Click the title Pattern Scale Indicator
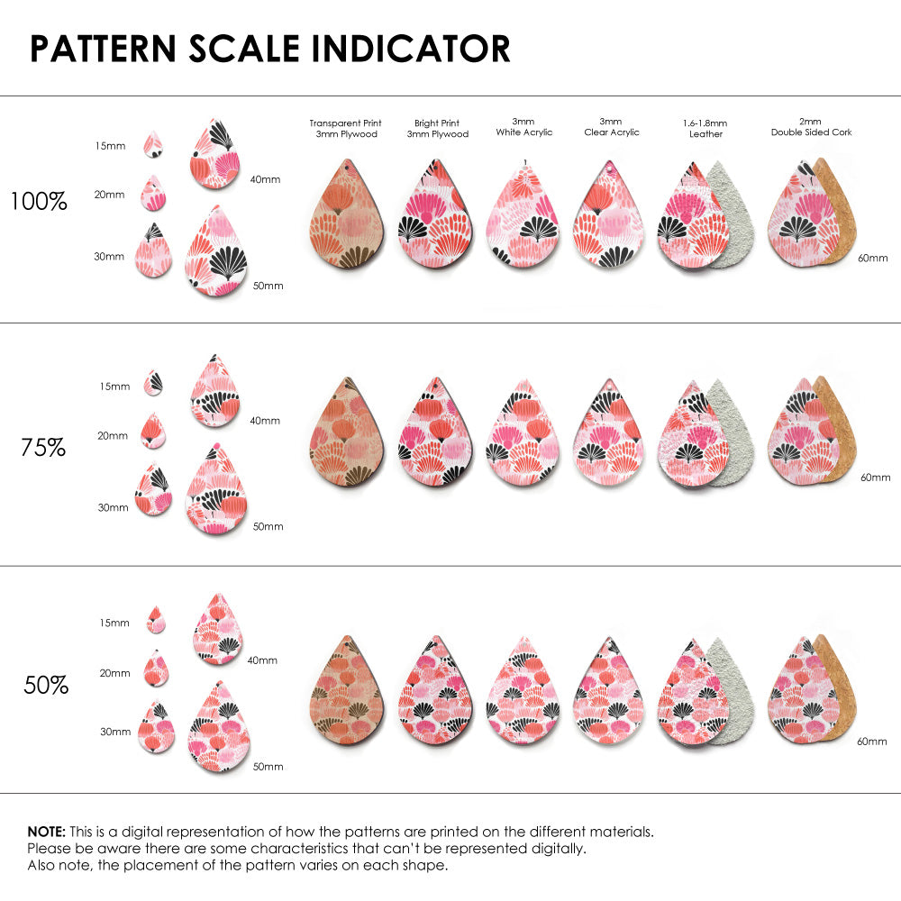pyautogui.click(x=270, y=49)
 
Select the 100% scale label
pyautogui.click(x=39, y=202)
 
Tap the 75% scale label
pyautogui.click(x=43, y=447)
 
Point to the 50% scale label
pyautogui.click(x=46, y=686)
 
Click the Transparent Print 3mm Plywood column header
pyautogui.click(x=345, y=128)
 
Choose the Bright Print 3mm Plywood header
pyautogui.click(x=437, y=128)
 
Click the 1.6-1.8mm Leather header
pyautogui.click(x=705, y=128)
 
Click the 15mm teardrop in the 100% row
pyautogui.click(x=154, y=144)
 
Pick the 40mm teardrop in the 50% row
pyautogui.click(x=217, y=630)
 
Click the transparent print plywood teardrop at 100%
pyautogui.click(x=346, y=216)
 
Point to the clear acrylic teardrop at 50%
pyautogui.click(x=610, y=688)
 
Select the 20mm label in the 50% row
pyautogui.click(x=115, y=673)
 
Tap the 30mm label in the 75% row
pyautogui.click(x=113, y=507)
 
